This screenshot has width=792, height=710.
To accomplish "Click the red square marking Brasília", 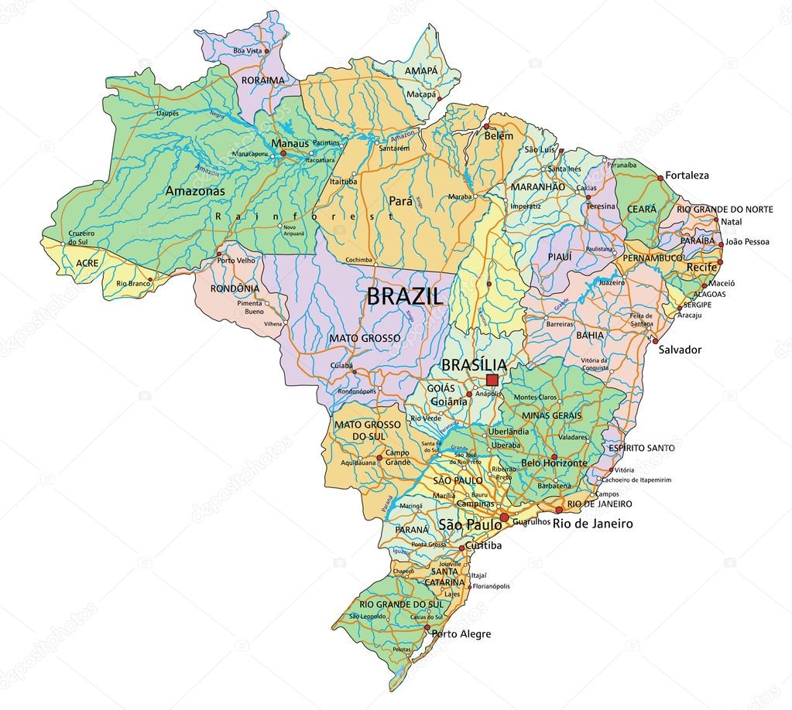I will tap(492, 380).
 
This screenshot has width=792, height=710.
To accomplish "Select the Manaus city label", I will tap(290, 143).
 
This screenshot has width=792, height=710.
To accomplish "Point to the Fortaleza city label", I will tap(687, 176).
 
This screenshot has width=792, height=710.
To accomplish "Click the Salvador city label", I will tap(679, 350).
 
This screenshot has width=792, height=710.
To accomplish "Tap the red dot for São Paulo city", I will tap(505, 517).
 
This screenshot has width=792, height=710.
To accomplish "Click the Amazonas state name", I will tap(195, 190).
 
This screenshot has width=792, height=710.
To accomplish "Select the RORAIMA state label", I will tap(261, 79).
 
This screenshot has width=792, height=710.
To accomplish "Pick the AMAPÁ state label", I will tap(420, 70).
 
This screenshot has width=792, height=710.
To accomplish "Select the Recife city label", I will tap(701, 267).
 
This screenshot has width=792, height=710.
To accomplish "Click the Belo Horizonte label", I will tap(554, 463).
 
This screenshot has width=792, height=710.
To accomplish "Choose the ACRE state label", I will tap(87, 263).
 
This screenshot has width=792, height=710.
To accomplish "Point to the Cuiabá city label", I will tap(341, 364).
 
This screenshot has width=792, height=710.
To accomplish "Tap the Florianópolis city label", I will tap(485, 586).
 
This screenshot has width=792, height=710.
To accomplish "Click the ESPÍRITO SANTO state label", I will tap(640, 448).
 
